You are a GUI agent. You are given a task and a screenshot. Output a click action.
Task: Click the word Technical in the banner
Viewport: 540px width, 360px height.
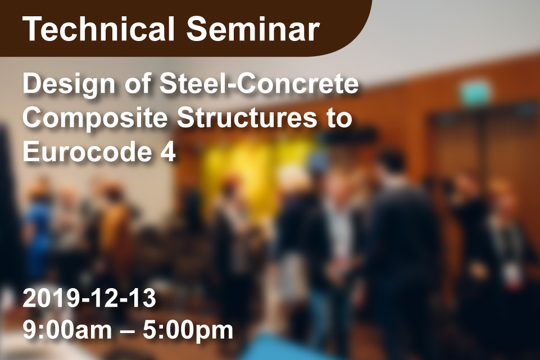(98, 29)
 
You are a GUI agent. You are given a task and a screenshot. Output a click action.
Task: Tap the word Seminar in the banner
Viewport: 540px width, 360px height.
(253, 29)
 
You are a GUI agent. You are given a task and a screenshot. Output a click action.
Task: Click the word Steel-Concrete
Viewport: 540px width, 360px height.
(259, 84)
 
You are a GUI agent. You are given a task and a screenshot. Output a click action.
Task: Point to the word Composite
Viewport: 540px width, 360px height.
(95, 119)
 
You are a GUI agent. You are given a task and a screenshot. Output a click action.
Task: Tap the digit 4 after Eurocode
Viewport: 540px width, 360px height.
(168, 152)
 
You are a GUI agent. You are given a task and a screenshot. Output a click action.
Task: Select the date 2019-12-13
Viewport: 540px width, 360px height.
(89, 298)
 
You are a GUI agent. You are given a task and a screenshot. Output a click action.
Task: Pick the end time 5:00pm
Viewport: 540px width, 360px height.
(188, 330)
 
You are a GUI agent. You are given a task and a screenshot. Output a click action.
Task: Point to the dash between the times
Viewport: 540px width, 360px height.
(128, 331)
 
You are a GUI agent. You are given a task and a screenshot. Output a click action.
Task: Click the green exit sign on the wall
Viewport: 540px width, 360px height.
(475, 93)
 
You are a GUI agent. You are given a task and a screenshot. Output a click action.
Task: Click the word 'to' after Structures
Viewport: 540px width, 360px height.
(339, 118)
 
